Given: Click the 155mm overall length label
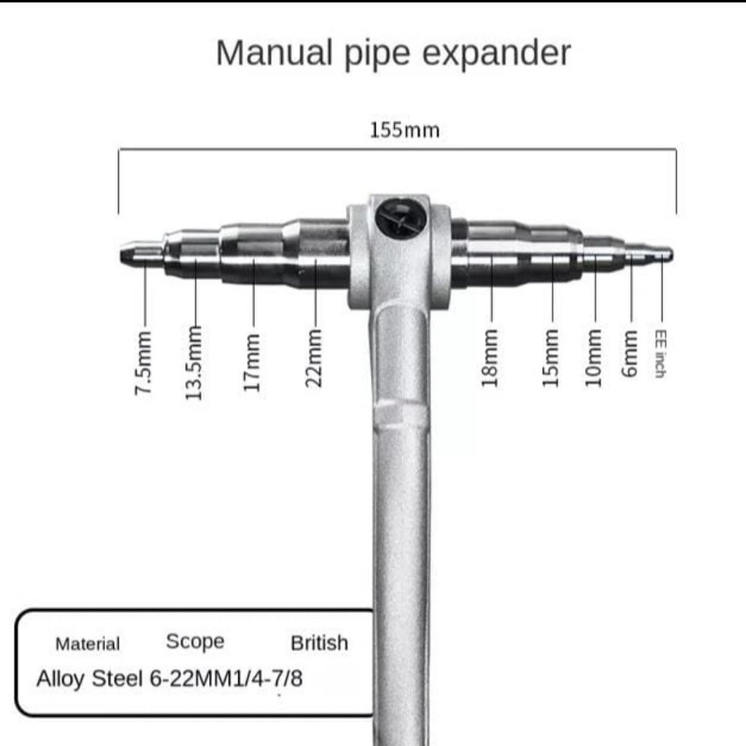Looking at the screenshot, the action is tap(404, 130).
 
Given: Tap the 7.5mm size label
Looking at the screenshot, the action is tap(144, 363).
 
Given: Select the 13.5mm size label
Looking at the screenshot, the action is tap(194, 362).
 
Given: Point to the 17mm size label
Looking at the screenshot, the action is tap(252, 361).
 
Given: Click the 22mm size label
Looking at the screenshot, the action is tap(314, 357).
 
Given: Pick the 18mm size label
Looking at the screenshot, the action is tap(490, 356).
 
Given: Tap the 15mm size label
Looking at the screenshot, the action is tap(551, 356).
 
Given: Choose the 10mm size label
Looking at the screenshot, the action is tap(594, 356).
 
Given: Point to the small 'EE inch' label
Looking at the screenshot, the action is tap(660, 353).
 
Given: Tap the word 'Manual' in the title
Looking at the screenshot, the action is tap(272, 53).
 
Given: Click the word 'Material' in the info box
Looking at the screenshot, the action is tap(87, 644).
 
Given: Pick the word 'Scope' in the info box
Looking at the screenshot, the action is tap(195, 642).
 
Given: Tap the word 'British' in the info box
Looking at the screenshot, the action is tap(319, 643).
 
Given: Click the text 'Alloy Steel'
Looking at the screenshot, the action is tap(90, 679).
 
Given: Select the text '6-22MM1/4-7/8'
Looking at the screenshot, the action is tap(226, 679).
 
